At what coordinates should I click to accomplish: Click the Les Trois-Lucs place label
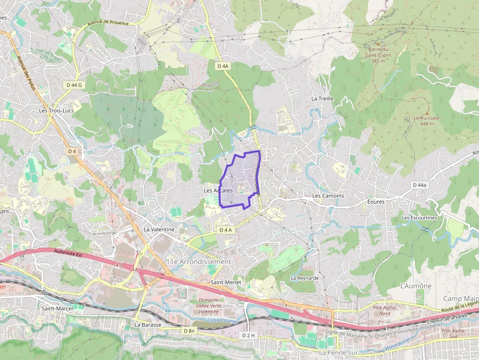(x=57, y=111)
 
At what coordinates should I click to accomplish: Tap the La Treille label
(x=322, y=99)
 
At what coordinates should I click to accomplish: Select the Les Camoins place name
(x=328, y=196)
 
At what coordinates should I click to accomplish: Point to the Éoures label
(x=376, y=202)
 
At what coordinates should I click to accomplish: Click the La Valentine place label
(x=159, y=229)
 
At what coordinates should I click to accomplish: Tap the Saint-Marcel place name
(x=57, y=308)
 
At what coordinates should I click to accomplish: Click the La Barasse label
(x=147, y=324)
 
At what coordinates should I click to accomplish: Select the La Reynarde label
(x=305, y=278)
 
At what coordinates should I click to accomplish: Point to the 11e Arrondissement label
(x=198, y=262)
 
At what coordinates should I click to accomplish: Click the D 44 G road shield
(x=74, y=85)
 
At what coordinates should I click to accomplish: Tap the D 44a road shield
(x=419, y=185)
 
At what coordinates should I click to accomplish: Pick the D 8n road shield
(x=189, y=331)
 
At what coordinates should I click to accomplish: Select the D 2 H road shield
(x=249, y=335)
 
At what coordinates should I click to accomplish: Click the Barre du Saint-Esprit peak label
(x=378, y=55)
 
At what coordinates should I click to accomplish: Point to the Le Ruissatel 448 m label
(x=424, y=121)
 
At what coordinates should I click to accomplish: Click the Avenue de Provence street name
(x=108, y=23)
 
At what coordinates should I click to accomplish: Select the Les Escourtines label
(x=419, y=217)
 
